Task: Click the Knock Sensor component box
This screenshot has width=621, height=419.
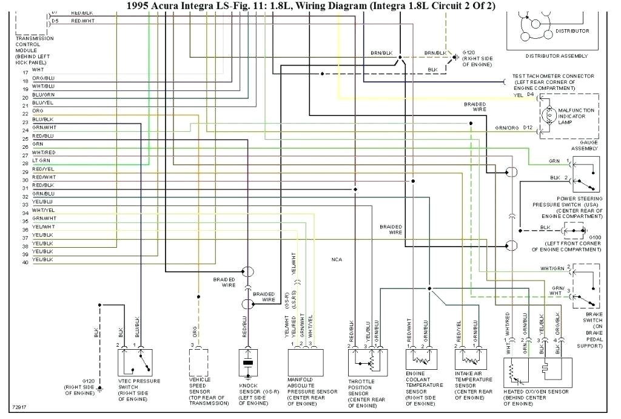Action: click(247, 363)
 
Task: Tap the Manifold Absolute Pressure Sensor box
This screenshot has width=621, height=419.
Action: click(304, 363)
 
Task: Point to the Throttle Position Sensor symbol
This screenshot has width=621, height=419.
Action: click(365, 363)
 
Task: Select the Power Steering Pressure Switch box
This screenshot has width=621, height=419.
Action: click(582, 174)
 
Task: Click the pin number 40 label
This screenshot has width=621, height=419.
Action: click(25, 262)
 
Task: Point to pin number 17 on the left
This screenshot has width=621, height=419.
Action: click(25, 72)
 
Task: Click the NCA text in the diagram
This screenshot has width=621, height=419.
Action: click(336, 259)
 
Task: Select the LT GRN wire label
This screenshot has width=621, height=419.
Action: click(41, 160)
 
